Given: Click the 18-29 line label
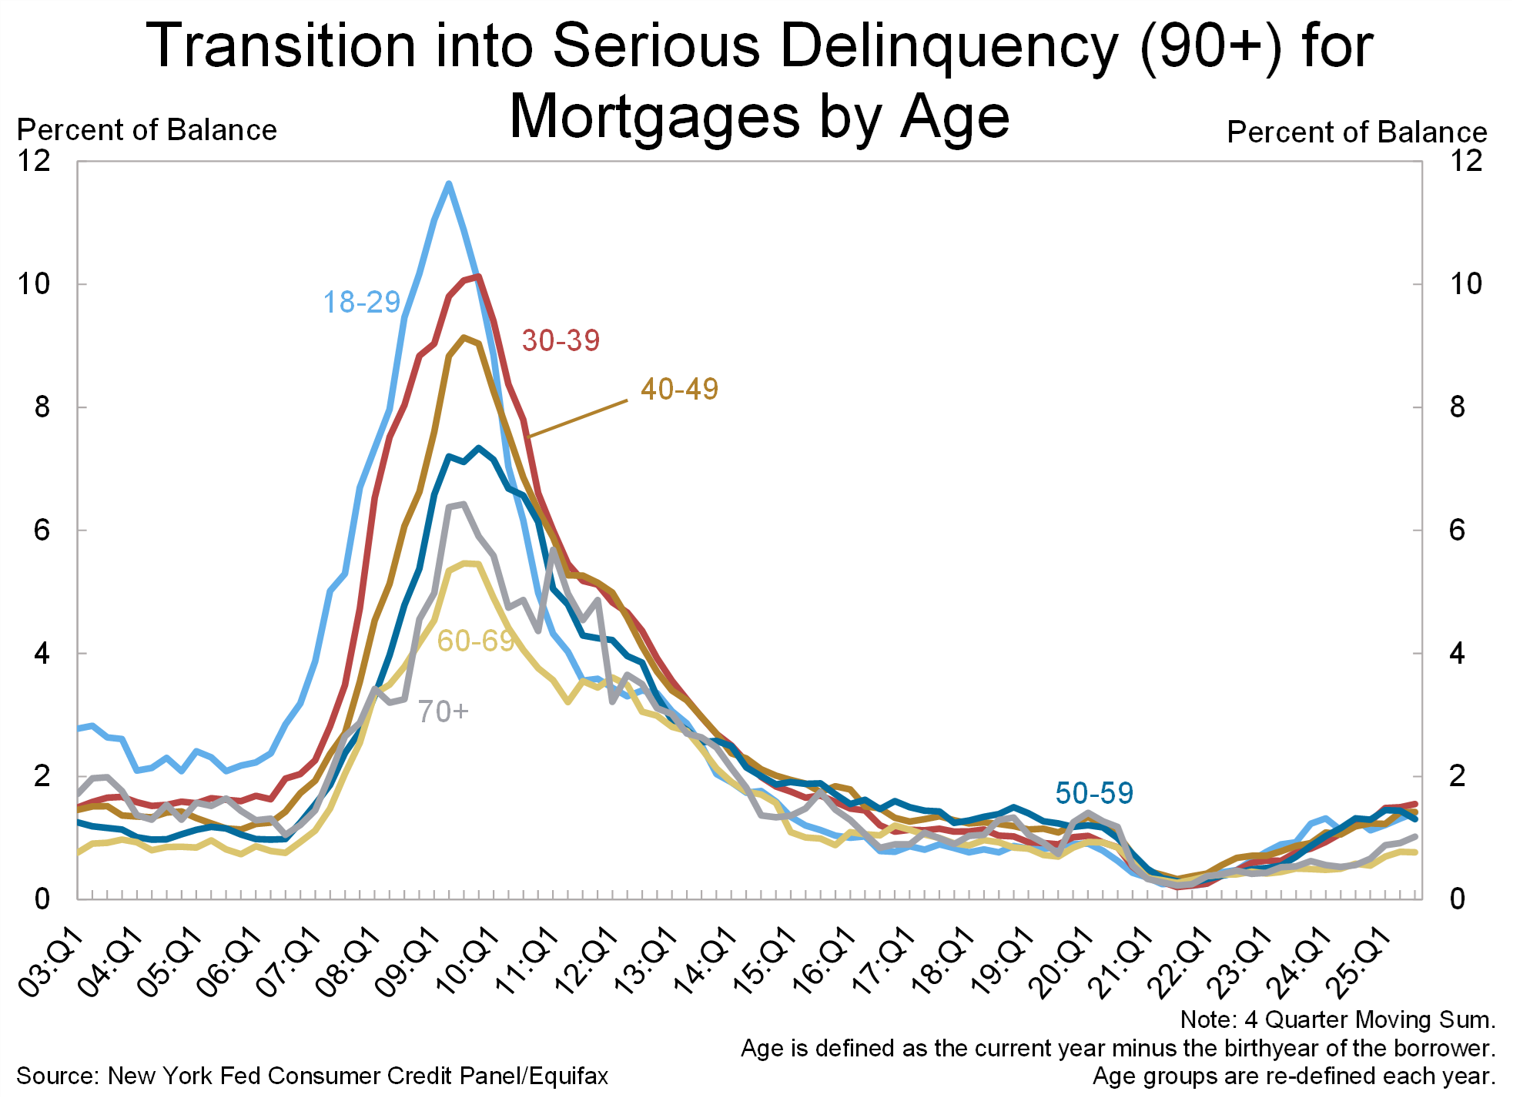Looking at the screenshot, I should coord(361,303).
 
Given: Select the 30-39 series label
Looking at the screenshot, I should coord(561,340).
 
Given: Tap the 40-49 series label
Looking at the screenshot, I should coord(679,389).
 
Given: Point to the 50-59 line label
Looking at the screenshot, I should coord(1093,793).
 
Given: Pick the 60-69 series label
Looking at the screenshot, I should coord(475,641).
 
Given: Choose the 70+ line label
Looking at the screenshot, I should coord(443,711).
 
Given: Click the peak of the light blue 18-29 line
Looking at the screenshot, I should coord(448,183).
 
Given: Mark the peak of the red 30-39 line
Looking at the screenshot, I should coord(478,276).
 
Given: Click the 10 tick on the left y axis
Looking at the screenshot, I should coord(34,284).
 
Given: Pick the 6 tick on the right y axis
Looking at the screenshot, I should coord(1457,531).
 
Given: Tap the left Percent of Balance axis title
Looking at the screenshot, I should coord(146,130).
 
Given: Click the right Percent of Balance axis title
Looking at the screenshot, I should coord(1357,132).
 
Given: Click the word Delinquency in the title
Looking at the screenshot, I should coord(949,46).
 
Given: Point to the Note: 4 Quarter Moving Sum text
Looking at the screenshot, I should coord(1337,1019).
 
